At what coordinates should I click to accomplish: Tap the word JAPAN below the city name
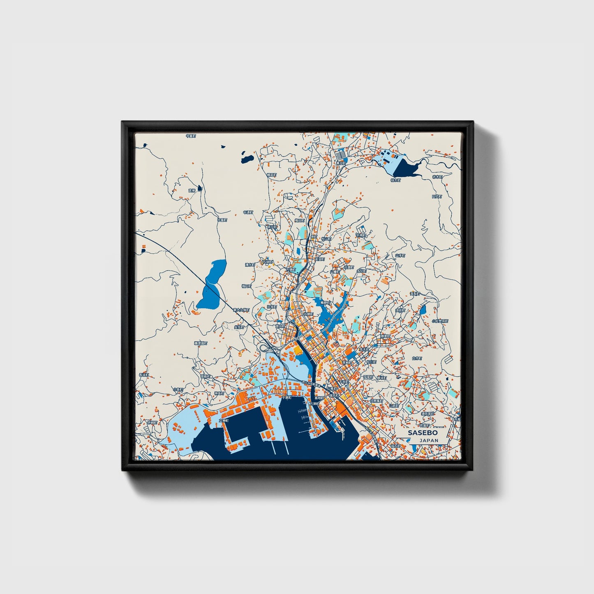pyautogui.click(x=429, y=440)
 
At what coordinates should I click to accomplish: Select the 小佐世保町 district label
pyautogui.click(x=439, y=321)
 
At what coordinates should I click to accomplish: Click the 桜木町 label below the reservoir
pyautogui.click(x=395, y=180)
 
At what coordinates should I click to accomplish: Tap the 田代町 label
pyautogui.click(x=437, y=196)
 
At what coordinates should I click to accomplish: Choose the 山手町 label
pyautogui.click(x=400, y=255)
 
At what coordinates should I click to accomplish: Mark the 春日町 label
pyautogui.click(x=340, y=163)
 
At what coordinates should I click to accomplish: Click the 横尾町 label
pyautogui.click(x=271, y=175)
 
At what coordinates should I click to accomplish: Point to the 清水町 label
pyautogui.click(x=250, y=265)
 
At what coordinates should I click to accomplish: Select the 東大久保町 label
pyautogui.click(x=241, y=310)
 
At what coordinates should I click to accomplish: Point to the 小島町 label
pyautogui.click(x=178, y=389)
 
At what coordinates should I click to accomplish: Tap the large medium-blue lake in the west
pyautogui.click(x=212, y=284)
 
